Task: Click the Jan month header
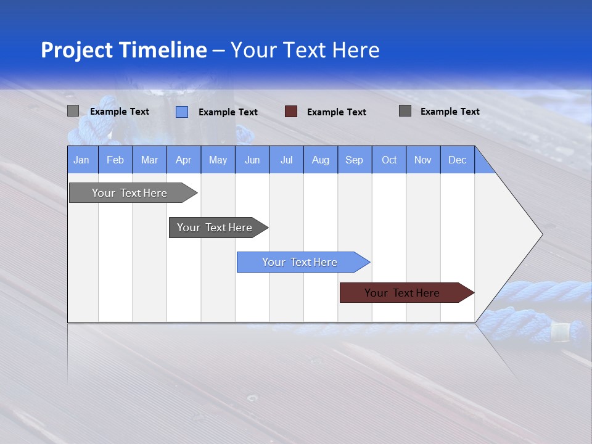pyautogui.click(x=82, y=160)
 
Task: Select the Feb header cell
pyautogui.click(x=115, y=160)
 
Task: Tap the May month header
pyautogui.click(x=218, y=160)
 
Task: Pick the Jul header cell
pyautogui.click(x=286, y=160)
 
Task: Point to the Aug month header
pyautogui.click(x=320, y=160)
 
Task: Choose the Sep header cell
pyautogui.click(x=354, y=160)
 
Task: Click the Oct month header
pyautogui.click(x=389, y=160)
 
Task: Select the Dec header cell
pyautogui.click(x=457, y=160)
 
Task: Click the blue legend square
pyautogui.click(x=182, y=112)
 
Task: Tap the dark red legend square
pyautogui.click(x=291, y=112)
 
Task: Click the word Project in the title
pyautogui.click(x=78, y=50)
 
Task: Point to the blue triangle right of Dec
pyautogui.click(x=483, y=164)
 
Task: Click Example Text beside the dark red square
pyautogui.click(x=336, y=112)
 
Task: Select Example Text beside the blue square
pyautogui.click(x=228, y=112)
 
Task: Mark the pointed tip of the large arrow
pyautogui.click(x=541, y=234)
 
